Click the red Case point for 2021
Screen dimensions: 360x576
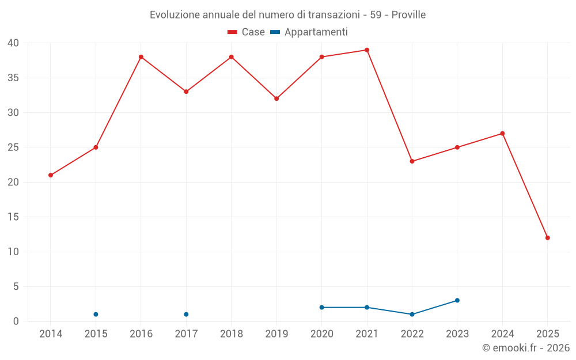367,50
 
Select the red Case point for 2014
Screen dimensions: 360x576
51,175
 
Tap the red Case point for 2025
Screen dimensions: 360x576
548,238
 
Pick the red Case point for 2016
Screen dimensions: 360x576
141,57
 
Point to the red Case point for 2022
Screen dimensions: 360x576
412,161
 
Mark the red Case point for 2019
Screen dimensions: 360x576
276,98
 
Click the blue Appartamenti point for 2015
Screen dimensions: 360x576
96,314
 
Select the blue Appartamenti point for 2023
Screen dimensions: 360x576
457,300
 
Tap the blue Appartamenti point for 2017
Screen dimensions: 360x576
186,314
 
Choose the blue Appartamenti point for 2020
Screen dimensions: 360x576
322,308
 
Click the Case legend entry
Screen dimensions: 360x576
247,32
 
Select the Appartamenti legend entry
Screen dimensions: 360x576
309,32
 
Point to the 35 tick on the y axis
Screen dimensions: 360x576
13,78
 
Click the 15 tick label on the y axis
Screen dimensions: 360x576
13,217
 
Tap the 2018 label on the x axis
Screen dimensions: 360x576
232,334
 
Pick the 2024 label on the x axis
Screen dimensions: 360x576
502,334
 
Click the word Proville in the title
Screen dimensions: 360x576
408,15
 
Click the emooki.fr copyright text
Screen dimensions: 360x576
526,348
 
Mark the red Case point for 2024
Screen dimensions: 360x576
502,134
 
